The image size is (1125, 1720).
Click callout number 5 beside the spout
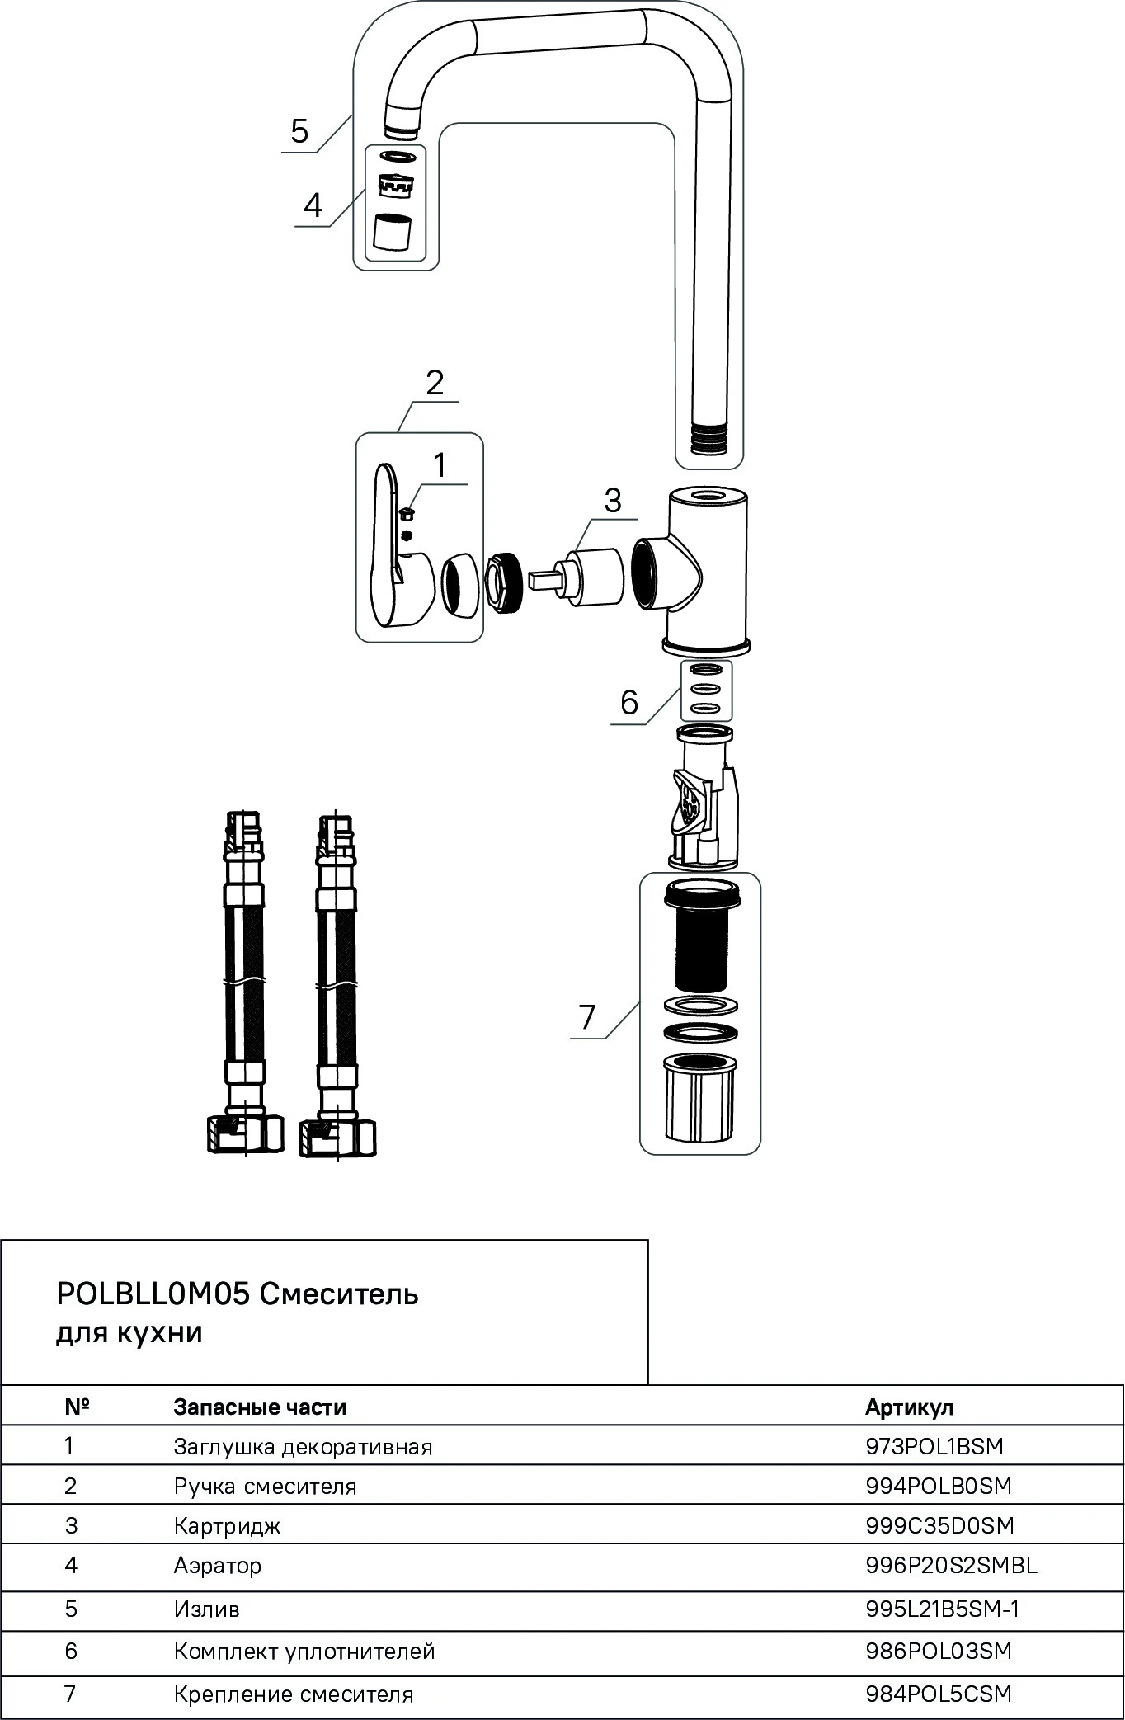[x=299, y=131]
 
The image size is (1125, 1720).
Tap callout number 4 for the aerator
[x=313, y=205]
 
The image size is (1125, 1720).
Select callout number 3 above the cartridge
[x=612, y=501]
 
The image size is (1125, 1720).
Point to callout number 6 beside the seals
[x=629, y=702]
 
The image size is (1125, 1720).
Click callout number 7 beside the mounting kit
[x=586, y=1017]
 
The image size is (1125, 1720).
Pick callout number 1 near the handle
[x=440, y=465]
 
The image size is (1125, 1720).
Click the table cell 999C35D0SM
[x=939, y=1525]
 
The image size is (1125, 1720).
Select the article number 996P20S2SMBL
[x=951, y=1565]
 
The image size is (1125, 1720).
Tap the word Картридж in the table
[x=227, y=1526]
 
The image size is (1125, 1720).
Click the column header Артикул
[x=909, y=1407]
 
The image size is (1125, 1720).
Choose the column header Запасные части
[x=260, y=1407]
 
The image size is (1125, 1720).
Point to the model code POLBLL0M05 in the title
[x=153, y=1294]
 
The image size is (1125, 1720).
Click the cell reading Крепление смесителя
[x=293, y=1694]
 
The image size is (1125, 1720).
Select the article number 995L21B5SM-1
[x=942, y=1609]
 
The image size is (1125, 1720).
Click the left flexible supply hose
[x=245, y=982]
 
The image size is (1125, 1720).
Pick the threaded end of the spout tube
[x=709, y=438]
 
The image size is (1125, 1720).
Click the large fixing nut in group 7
[x=699, y=1097]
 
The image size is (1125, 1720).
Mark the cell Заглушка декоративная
[x=303, y=1446]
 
